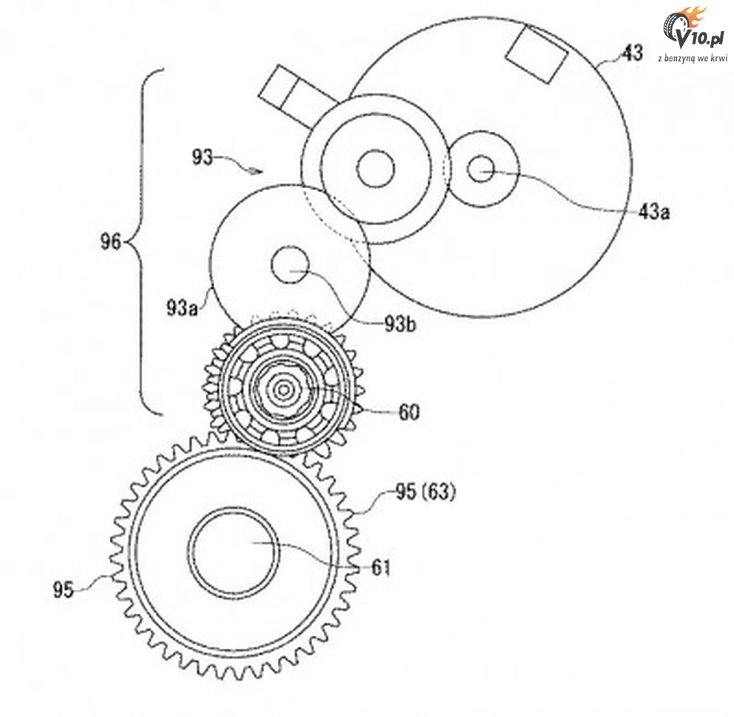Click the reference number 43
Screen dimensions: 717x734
point(632,53)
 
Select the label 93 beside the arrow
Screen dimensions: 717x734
point(202,157)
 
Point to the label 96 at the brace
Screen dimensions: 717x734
point(110,241)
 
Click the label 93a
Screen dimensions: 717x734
point(182,306)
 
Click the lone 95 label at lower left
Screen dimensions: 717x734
point(65,590)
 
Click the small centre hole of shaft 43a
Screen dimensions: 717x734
point(480,168)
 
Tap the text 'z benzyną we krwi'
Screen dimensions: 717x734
point(691,57)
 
